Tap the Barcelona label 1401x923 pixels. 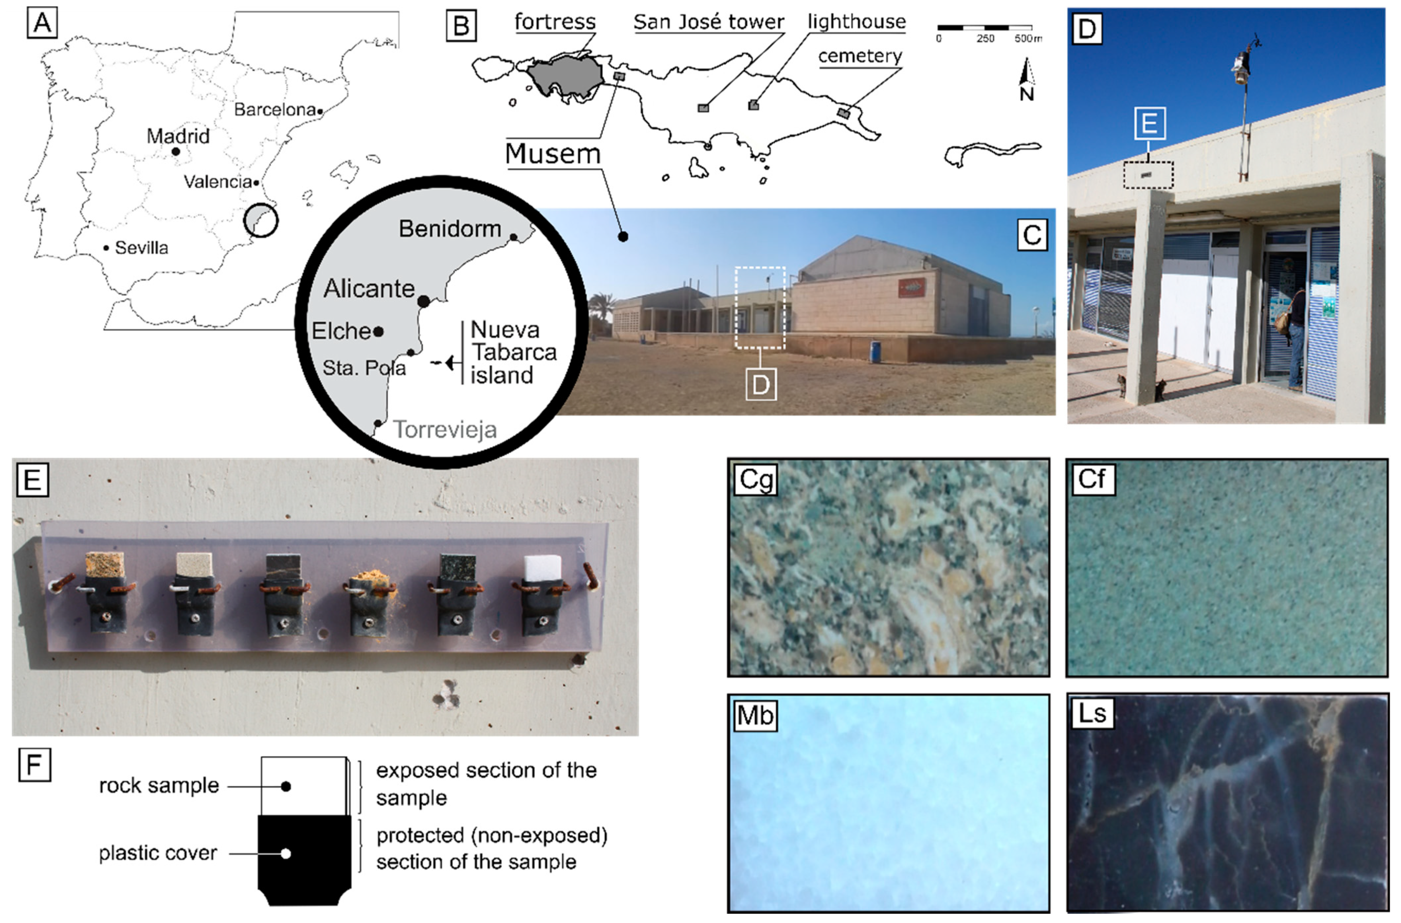[x=275, y=109]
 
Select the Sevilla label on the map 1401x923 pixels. [x=141, y=248]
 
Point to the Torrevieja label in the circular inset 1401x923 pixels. [x=444, y=430]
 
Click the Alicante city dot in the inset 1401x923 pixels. [x=423, y=301]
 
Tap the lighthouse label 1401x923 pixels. [x=856, y=22]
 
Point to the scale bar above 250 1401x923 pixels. [x=984, y=28]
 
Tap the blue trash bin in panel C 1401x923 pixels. [x=876, y=352]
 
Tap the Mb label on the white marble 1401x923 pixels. [x=755, y=715]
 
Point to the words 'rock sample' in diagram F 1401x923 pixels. [x=159, y=785]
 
